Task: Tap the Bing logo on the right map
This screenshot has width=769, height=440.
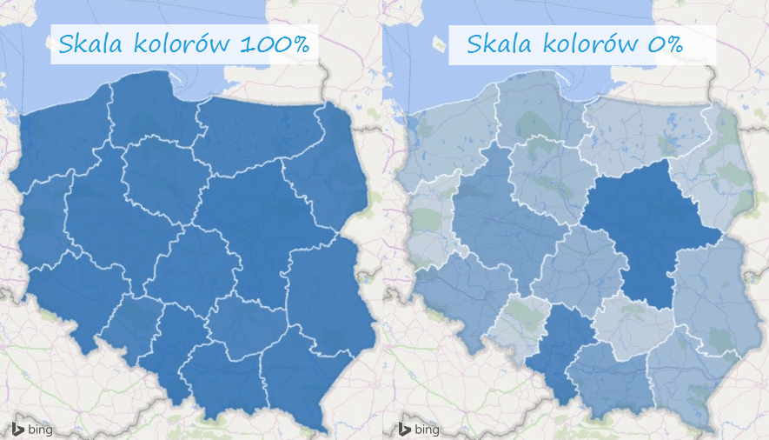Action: point(419,429)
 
